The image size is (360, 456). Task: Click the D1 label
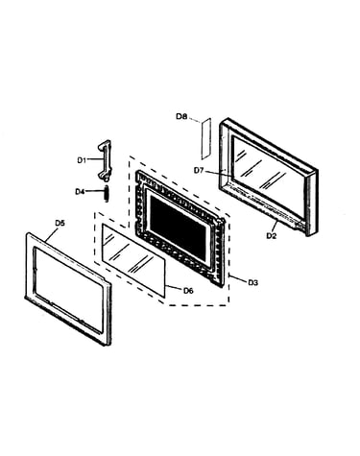tap(82, 160)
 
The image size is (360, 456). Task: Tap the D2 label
tap(271, 236)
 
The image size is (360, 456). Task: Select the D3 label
tap(252, 282)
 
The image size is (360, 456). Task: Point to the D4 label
tap(80, 192)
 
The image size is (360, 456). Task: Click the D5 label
tap(60, 223)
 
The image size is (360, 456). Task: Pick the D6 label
tap(188, 291)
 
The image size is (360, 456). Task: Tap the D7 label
tap(199, 171)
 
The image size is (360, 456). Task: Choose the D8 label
tap(181, 116)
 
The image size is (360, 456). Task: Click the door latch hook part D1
tap(105, 159)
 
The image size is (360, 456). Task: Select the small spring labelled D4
tap(107, 193)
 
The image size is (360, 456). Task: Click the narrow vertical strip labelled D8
tap(206, 138)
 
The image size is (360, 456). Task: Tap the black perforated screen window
tap(179, 228)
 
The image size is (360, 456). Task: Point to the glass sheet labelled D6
tap(134, 260)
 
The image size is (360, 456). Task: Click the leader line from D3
tap(238, 278)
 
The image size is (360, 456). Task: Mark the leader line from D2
tap(274, 226)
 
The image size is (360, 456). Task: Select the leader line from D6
tap(174, 287)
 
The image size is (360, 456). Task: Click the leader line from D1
tap(95, 159)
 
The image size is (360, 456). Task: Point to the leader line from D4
tap(95, 191)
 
